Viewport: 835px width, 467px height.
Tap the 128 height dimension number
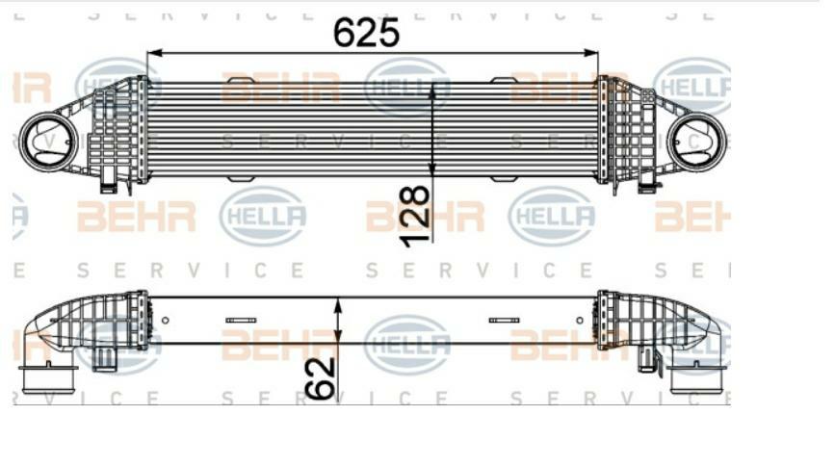(x=415, y=217)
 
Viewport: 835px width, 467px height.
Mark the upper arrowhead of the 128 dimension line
(x=433, y=87)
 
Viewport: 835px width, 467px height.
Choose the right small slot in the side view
(x=504, y=320)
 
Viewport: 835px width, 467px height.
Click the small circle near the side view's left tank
(x=166, y=320)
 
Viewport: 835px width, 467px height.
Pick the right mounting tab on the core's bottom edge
(x=505, y=179)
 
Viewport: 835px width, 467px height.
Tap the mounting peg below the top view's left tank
(x=109, y=179)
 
